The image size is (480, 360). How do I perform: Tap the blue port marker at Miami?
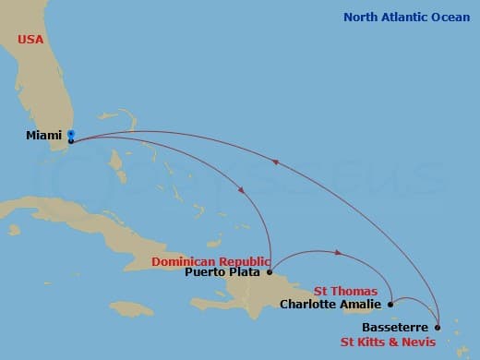click(x=71, y=134)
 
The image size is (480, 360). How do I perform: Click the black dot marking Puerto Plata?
click(x=269, y=271)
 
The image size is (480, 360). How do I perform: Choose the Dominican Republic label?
click(x=211, y=261)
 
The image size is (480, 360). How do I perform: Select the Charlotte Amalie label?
click(x=330, y=303)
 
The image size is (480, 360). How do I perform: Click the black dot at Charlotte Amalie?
click(x=390, y=303)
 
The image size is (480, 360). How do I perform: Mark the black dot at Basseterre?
click(x=437, y=328)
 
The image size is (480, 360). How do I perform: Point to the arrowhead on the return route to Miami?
click(x=274, y=162)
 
